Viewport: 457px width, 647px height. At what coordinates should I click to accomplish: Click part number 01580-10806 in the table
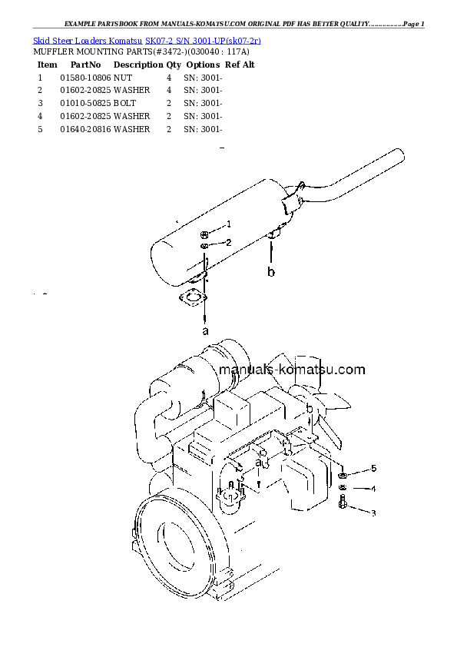pos(85,78)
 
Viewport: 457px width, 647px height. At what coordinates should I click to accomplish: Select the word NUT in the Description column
pos(122,78)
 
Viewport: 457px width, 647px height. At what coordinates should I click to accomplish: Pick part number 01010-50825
pos(85,104)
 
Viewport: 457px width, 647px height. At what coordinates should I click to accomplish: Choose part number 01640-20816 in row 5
pos(85,130)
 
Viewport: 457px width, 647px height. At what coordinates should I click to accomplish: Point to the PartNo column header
pos(85,65)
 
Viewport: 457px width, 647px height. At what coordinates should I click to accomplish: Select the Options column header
pos(203,65)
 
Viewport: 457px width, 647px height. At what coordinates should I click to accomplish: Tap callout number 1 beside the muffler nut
pos(228,224)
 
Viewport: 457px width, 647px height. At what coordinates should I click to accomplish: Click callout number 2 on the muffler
pos(228,243)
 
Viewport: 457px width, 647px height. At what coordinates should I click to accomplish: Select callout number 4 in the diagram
pos(373,489)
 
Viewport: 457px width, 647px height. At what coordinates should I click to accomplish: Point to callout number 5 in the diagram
pos(373,468)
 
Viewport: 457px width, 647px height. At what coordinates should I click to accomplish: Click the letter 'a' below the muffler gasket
pos(205,331)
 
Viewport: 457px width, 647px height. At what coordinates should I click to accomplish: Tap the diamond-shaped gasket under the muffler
pos(193,299)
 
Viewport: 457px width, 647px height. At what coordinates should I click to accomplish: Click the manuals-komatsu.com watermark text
pos(292,370)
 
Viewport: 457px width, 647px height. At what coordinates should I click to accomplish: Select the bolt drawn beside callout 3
pos(343,503)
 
